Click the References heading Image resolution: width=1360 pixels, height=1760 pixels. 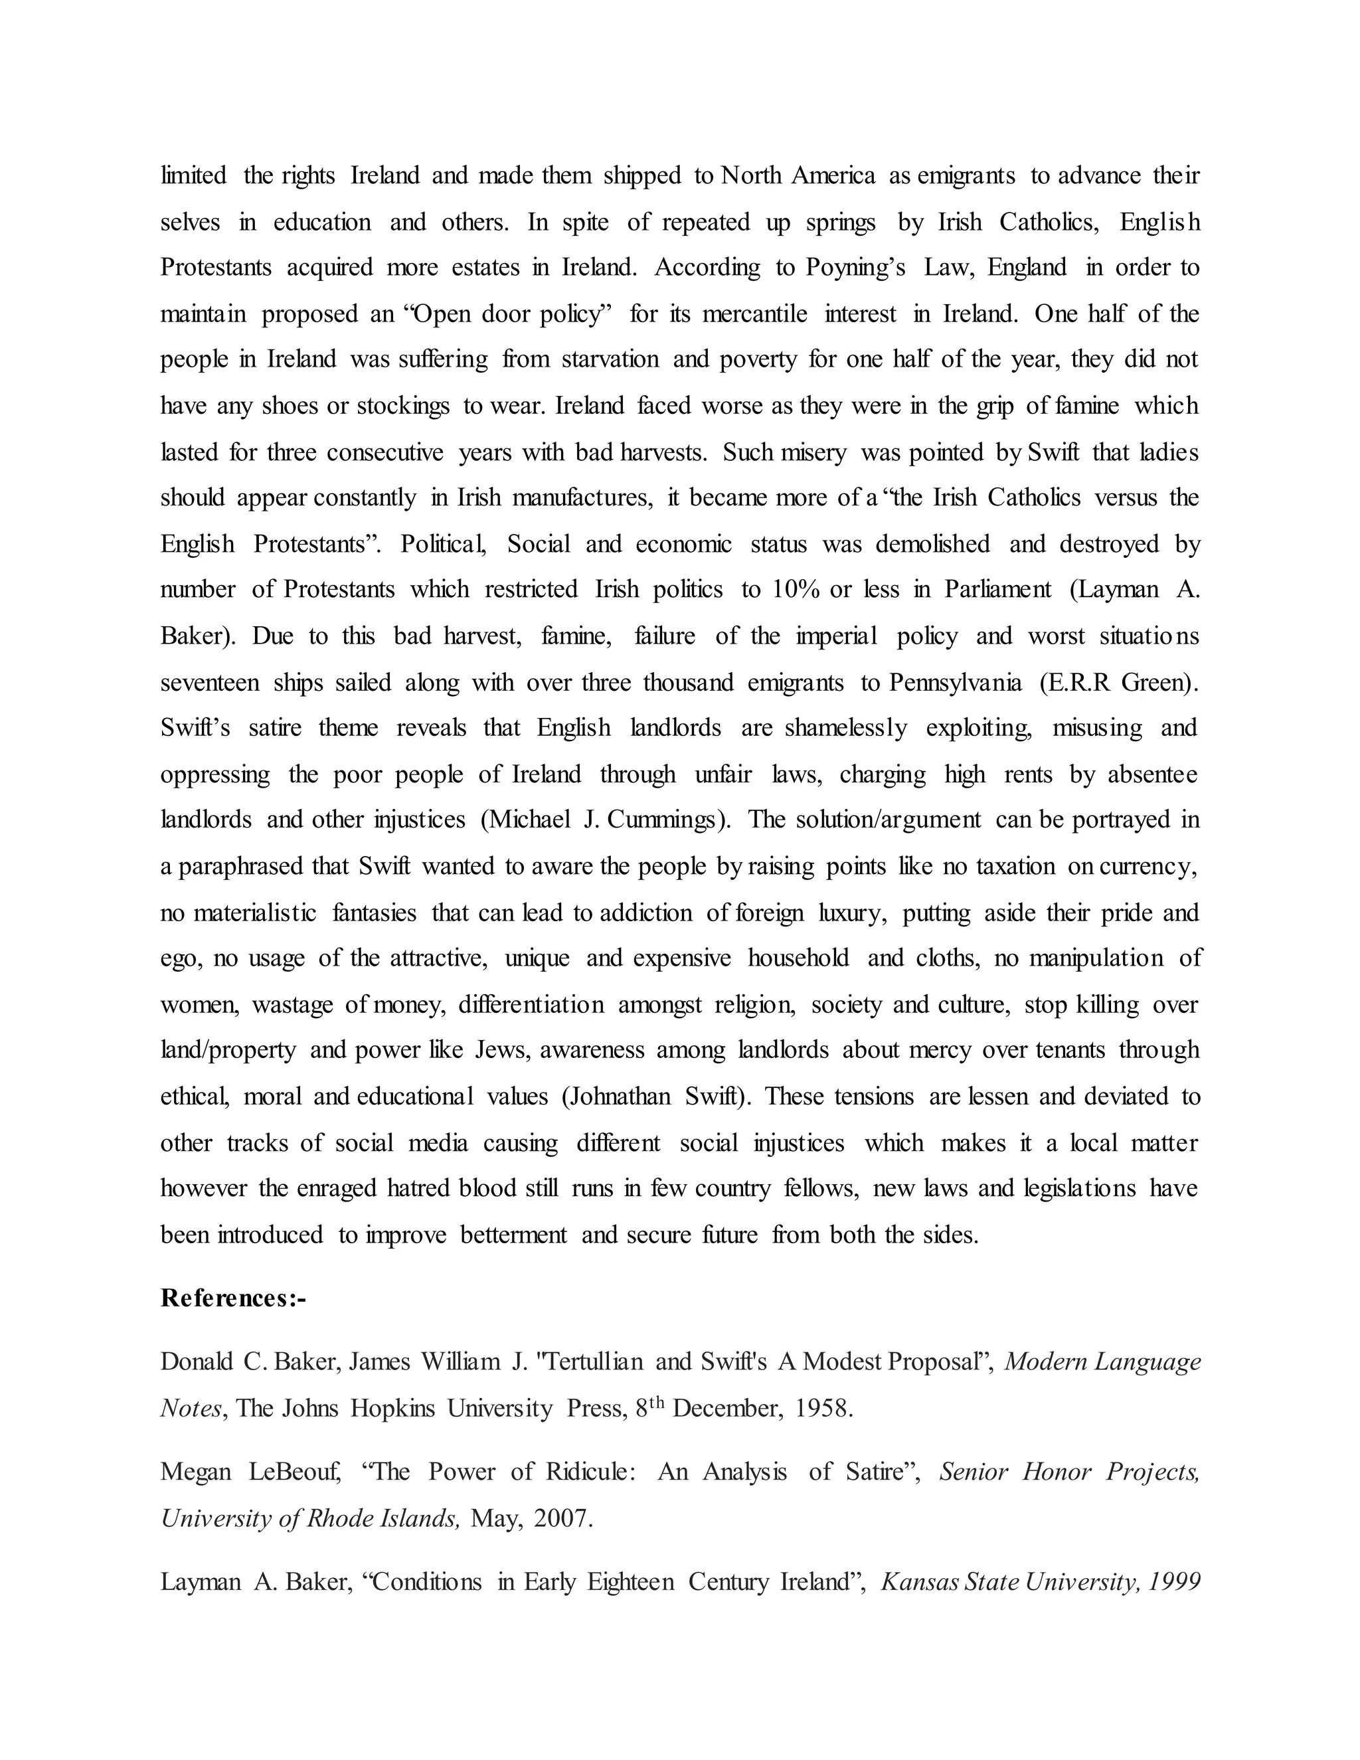click(x=234, y=1298)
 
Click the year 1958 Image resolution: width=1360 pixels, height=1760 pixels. click(x=823, y=1408)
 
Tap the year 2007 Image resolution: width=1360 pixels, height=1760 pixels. click(x=563, y=1518)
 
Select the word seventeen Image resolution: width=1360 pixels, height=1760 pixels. click(x=209, y=683)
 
